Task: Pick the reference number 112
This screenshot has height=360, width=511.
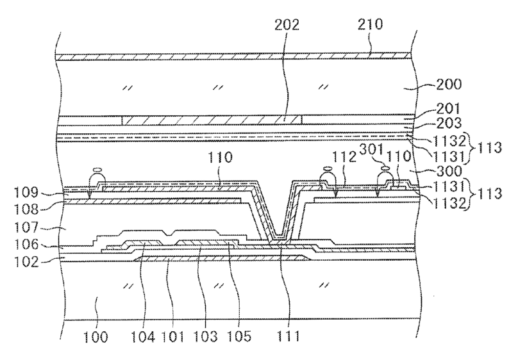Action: pyautogui.click(x=344, y=158)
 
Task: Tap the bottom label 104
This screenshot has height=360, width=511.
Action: pyautogui.click(x=146, y=335)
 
